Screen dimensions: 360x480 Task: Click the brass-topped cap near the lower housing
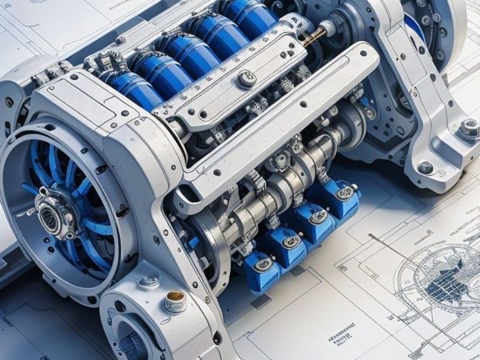coord(175,298)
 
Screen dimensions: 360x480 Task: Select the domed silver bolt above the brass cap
coord(149,280)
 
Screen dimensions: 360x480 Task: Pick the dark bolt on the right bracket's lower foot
coord(426,167)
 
